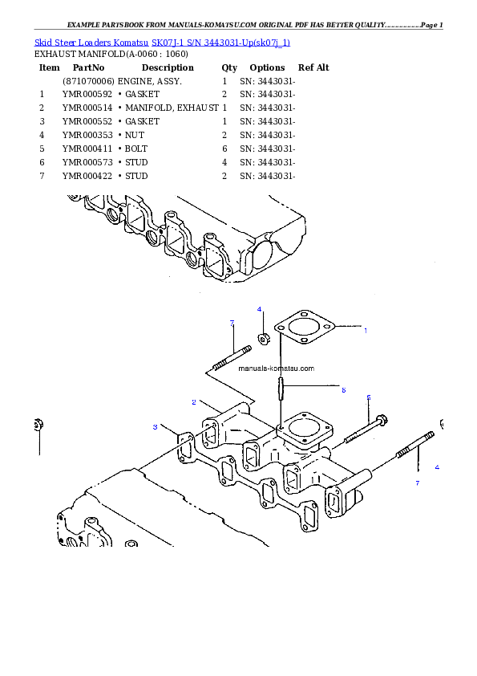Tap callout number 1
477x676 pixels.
[366, 330]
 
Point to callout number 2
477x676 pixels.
[194, 401]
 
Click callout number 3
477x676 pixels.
[156, 427]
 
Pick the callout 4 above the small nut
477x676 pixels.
[259, 309]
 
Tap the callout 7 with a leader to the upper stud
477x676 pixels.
[232, 323]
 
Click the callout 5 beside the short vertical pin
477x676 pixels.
[343, 390]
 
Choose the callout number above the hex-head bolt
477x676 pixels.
[369, 397]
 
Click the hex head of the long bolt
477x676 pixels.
[382, 419]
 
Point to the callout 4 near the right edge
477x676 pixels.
[437, 466]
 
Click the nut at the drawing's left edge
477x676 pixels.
[38, 425]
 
